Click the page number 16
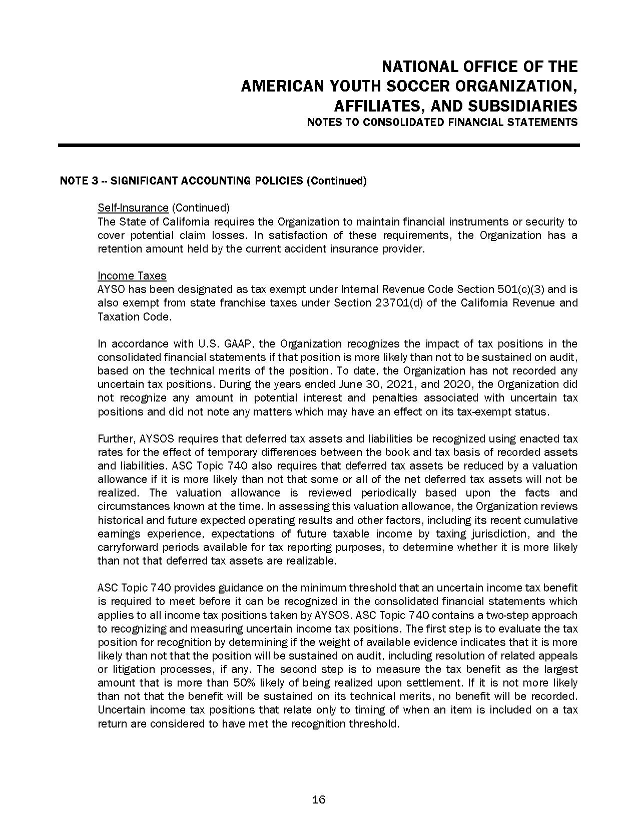pyautogui.click(x=319, y=799)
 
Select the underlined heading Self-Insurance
pyautogui.click(x=133, y=207)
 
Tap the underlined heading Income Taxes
pyautogui.click(x=132, y=275)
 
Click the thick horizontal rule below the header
pyautogui.click(x=319, y=145)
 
